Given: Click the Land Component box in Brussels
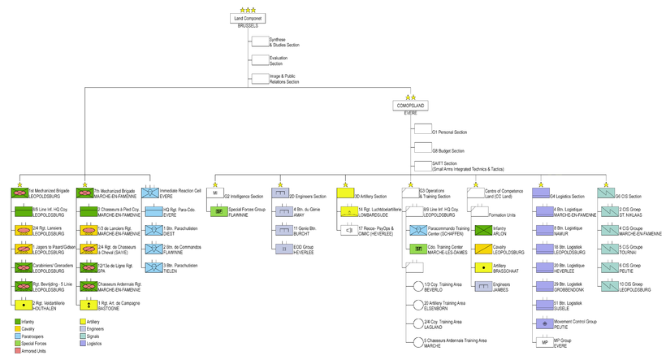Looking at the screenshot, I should pyautogui.click(x=248, y=18).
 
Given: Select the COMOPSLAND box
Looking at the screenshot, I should pyautogui.click(x=411, y=106).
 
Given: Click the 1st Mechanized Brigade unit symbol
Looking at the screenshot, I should pyautogui.click(x=19, y=193).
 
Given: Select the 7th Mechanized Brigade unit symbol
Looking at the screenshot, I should pyautogui.click(x=84, y=193).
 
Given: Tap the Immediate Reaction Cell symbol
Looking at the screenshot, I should pyautogui.click(x=150, y=193).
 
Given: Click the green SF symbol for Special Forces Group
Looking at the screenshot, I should pyautogui.click(x=218, y=211).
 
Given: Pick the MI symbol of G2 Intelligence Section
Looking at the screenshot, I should pyautogui.click(x=215, y=193).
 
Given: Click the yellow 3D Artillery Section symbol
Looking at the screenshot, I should pyautogui.click(x=345, y=193).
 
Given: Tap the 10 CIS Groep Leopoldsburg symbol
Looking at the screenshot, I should pyautogui.click(x=609, y=286).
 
